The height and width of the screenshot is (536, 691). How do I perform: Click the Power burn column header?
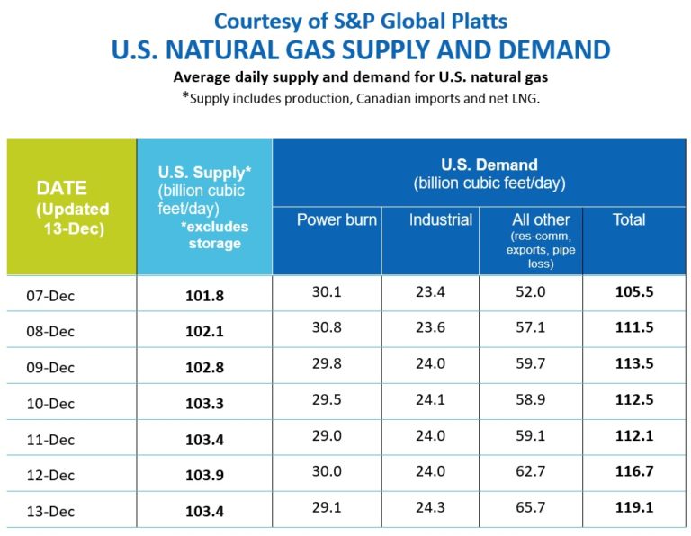[337, 219]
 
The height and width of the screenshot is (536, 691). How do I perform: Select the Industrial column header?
[440, 219]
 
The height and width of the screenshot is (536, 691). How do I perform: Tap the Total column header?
[629, 219]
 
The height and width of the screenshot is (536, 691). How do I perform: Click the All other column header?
[541, 219]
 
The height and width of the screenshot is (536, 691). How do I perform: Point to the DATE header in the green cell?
[61, 189]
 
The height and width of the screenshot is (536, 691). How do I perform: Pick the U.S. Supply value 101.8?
[204, 295]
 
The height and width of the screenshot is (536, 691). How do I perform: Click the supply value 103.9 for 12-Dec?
[204, 475]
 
